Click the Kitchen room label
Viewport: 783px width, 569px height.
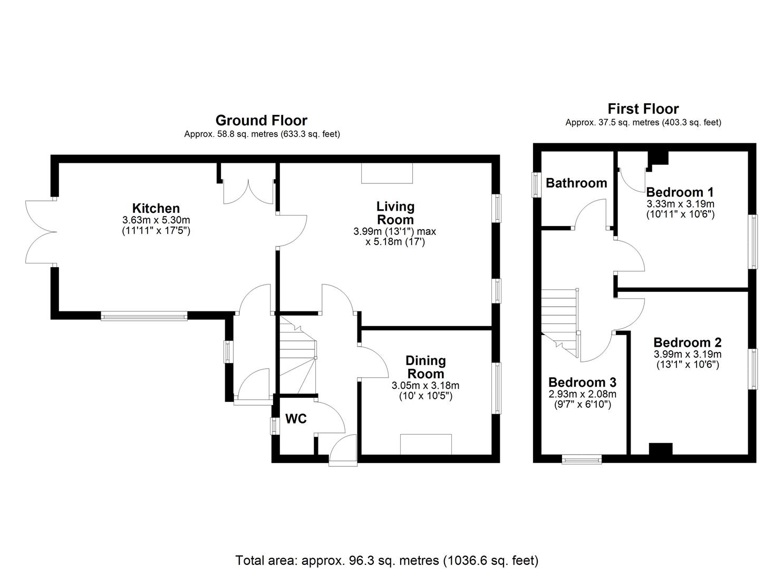click(156, 208)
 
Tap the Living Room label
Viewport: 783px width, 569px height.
click(395, 213)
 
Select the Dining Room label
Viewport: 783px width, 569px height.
click(425, 367)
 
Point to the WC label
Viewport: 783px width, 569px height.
click(296, 419)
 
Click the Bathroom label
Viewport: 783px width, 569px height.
click(576, 183)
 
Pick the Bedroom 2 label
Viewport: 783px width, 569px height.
click(688, 342)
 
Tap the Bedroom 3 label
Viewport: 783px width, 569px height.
click(582, 382)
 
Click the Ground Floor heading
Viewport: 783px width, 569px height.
click(261, 121)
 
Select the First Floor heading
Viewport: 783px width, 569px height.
click(643, 109)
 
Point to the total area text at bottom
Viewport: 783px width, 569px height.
click(386, 560)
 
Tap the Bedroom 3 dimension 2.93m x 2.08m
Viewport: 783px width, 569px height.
click(582, 394)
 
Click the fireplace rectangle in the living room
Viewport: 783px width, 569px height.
click(387, 173)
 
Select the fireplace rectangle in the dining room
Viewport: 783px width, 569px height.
click(426, 444)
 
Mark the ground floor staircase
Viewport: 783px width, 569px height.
click(296, 354)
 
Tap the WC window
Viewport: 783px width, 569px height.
click(274, 426)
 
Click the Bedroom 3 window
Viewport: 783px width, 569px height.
click(582, 459)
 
